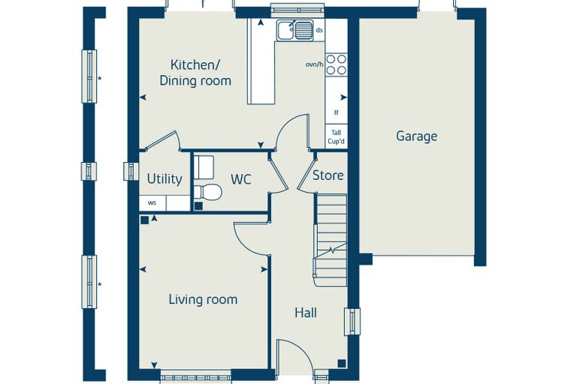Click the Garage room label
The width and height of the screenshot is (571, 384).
click(x=416, y=136)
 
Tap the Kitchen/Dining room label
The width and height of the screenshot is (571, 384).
click(x=195, y=73)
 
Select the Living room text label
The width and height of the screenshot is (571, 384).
click(x=203, y=300)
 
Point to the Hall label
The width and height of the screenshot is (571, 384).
click(x=306, y=313)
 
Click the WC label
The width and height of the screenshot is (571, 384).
click(x=241, y=179)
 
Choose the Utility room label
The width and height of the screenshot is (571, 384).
click(x=165, y=179)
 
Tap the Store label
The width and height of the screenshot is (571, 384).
click(x=328, y=175)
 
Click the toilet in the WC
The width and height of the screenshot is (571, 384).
click(x=207, y=192)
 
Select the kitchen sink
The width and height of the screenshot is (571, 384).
click(x=295, y=30)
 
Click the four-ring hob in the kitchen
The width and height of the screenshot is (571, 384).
click(x=336, y=64)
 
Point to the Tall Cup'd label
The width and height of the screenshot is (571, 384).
click(x=336, y=137)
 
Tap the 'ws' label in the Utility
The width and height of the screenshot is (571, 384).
click(x=152, y=203)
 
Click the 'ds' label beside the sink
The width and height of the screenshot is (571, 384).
click(x=319, y=30)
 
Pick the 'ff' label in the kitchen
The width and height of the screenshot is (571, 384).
click(x=336, y=112)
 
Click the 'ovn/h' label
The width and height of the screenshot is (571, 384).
click(x=315, y=64)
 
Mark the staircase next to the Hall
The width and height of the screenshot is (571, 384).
click(x=331, y=240)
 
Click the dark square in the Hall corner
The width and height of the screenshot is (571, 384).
click(x=342, y=363)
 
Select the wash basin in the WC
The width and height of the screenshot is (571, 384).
click(x=203, y=167)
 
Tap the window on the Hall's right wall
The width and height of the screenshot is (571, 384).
click(x=352, y=322)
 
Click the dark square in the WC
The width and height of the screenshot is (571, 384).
click(x=198, y=206)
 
